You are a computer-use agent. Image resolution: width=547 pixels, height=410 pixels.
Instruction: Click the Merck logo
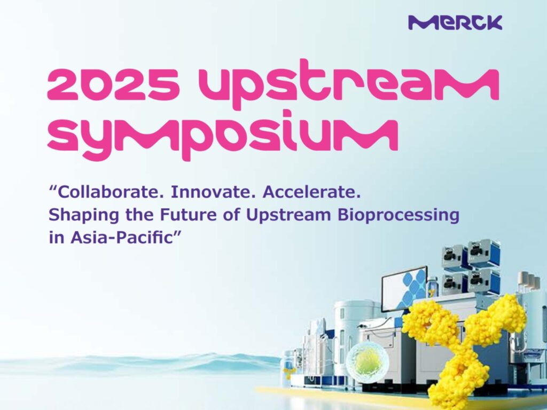point(455,22)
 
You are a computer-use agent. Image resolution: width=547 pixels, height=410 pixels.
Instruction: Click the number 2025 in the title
point(114,84)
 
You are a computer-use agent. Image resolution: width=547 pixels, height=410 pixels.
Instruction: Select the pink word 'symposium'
point(223,135)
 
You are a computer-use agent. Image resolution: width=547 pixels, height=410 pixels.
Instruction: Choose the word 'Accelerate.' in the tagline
point(311,192)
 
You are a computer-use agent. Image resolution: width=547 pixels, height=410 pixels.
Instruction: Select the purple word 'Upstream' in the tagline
point(288,216)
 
